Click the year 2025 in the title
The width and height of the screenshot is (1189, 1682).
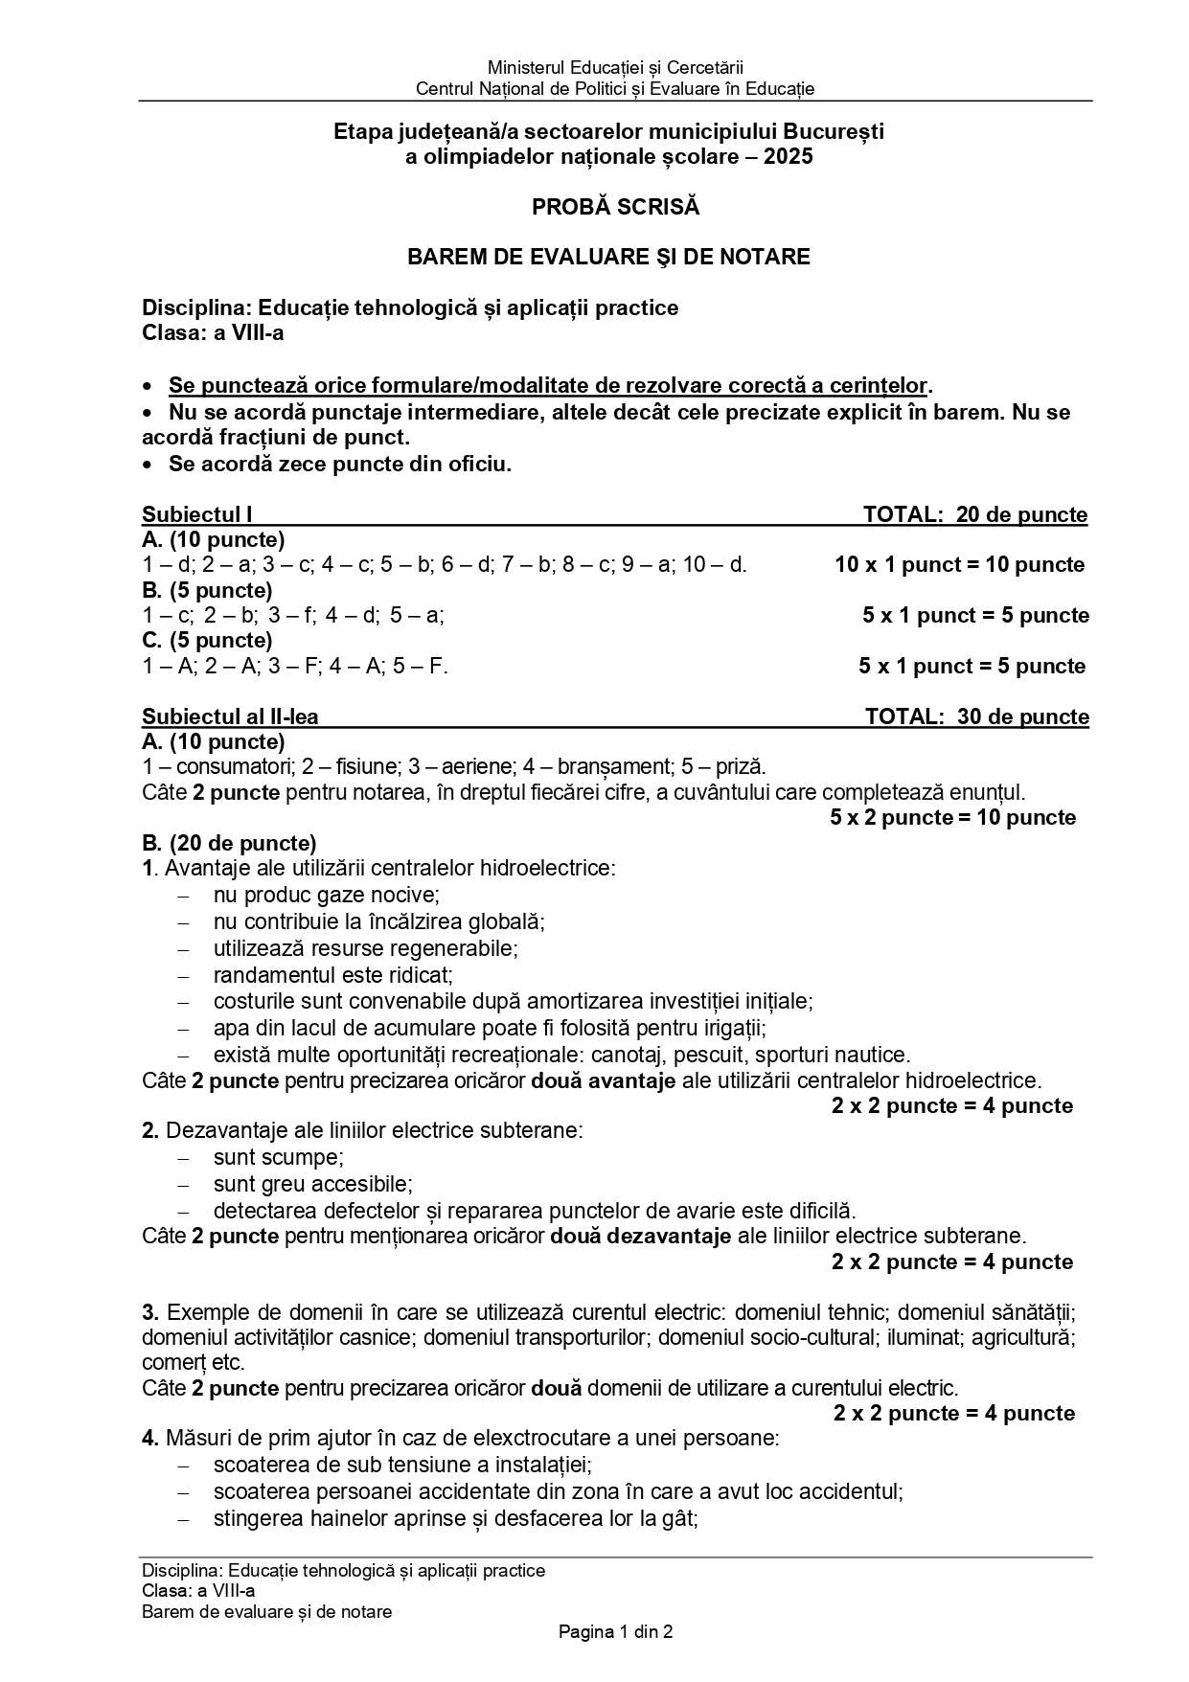point(788,156)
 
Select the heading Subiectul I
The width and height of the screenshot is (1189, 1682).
point(197,514)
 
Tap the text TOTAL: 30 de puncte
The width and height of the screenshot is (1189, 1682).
point(976,716)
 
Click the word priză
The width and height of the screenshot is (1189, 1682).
point(740,766)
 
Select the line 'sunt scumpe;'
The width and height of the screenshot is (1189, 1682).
point(278,1157)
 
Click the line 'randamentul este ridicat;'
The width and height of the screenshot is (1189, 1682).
point(332,975)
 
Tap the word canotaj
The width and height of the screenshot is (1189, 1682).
point(632,1055)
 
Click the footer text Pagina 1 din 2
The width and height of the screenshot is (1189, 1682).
point(615,1631)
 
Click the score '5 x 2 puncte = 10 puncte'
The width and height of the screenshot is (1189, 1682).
point(952,817)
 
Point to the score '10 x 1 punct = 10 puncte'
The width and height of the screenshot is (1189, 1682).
point(959,564)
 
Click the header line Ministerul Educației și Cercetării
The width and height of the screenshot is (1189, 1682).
point(615,68)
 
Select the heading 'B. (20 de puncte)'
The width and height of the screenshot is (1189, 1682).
point(229,843)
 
